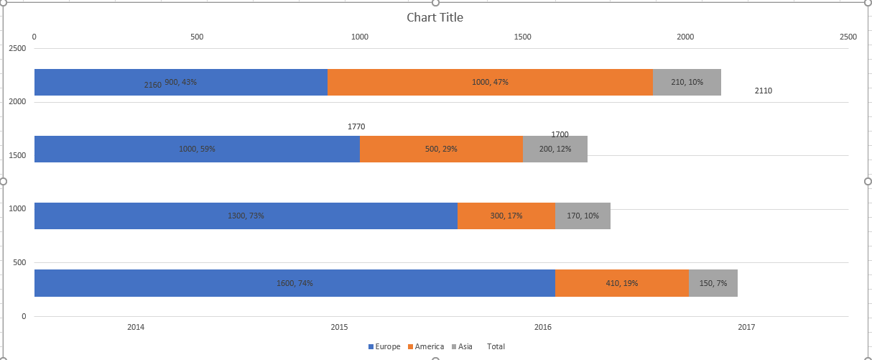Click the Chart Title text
435,17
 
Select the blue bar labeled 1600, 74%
294,283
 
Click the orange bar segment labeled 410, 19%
622,283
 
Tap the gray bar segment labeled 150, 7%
713,283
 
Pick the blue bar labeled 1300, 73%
246,216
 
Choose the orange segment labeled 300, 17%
506,216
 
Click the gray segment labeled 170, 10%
583,216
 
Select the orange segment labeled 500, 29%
442,149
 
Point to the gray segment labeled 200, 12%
555,149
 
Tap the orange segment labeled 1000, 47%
490,82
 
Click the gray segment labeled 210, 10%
687,82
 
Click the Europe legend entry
384,346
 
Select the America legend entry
426,346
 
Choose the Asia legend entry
462,346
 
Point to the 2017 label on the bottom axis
746,327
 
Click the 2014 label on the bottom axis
136,327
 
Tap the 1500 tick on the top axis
522,37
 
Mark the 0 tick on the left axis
24,316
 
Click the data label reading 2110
764,91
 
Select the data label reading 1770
356,126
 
